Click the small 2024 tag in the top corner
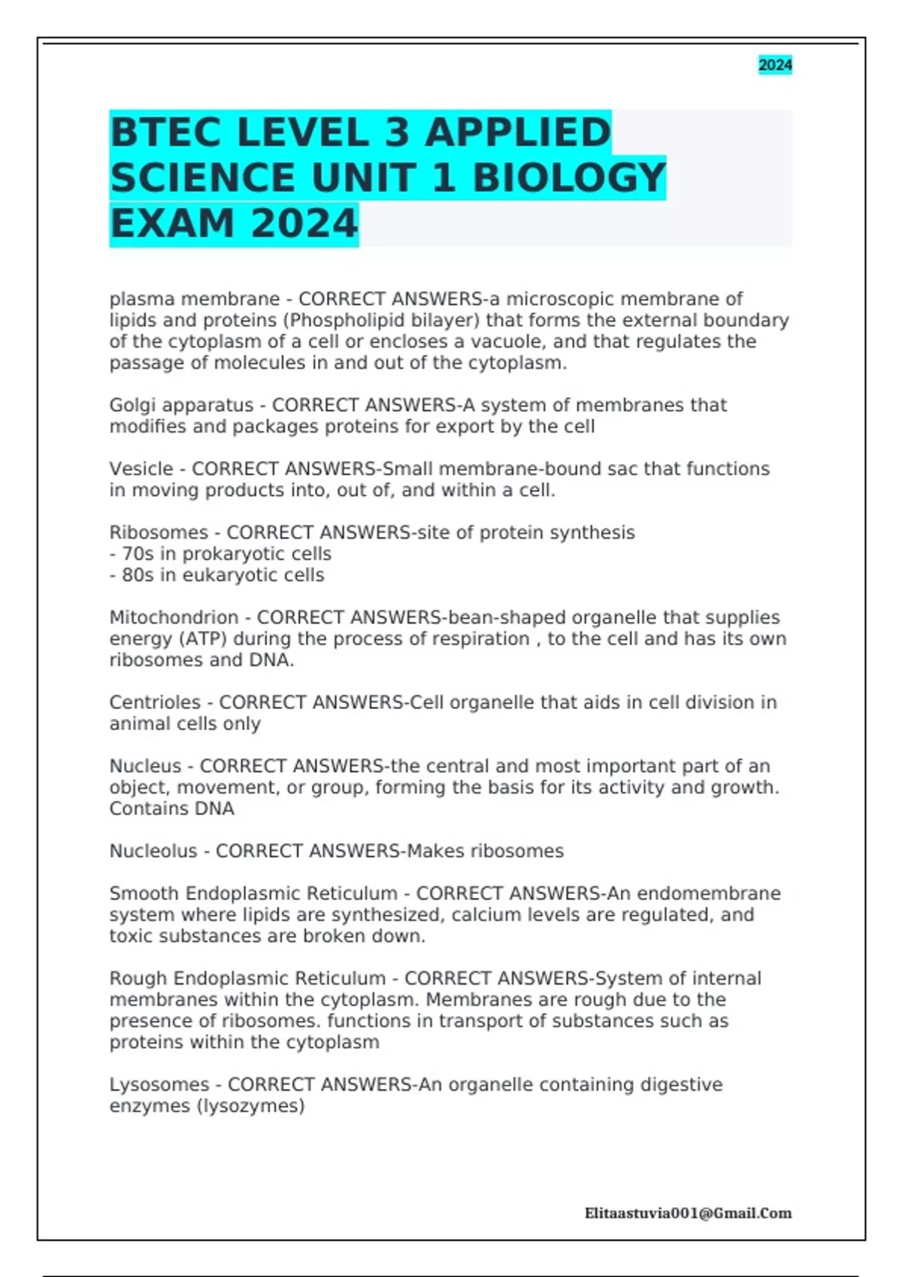[x=775, y=65]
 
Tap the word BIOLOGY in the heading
[x=569, y=179]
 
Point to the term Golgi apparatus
[x=181, y=406]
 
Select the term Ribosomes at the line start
[x=159, y=533]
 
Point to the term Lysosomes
[x=159, y=1085]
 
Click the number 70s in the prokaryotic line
[x=138, y=554]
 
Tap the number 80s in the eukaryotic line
[x=138, y=575]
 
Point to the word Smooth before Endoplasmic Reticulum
[x=144, y=894]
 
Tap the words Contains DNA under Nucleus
[x=171, y=809]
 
